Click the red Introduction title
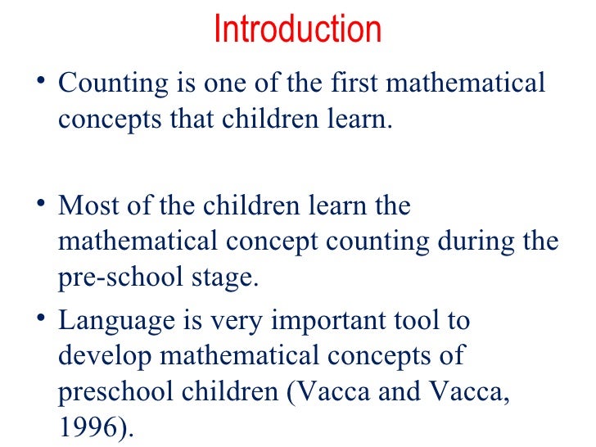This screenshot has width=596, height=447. click(x=297, y=30)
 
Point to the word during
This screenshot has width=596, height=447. click(x=483, y=242)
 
